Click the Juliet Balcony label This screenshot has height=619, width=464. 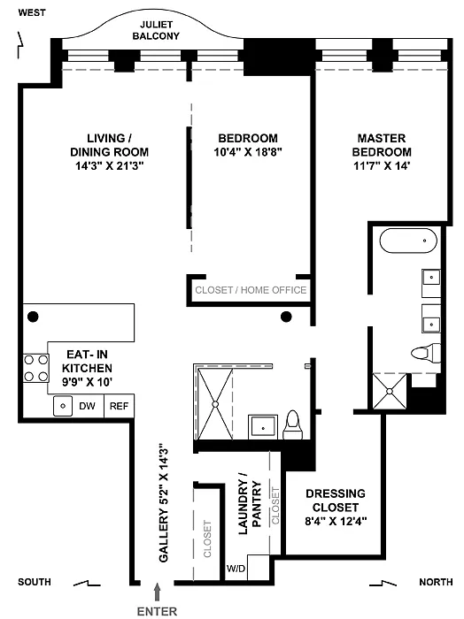(x=156, y=30)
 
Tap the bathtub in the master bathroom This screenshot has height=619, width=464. (x=408, y=241)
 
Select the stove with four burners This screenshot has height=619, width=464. (x=36, y=368)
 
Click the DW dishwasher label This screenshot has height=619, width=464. (x=87, y=406)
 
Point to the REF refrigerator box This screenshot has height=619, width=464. (x=119, y=406)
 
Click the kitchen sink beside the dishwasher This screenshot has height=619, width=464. (x=63, y=406)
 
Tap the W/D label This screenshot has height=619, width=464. (x=236, y=569)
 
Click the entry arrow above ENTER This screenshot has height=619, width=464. (x=158, y=592)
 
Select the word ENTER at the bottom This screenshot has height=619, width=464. (x=157, y=611)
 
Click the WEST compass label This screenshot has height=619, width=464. (x=32, y=12)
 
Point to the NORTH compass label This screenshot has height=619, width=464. (x=436, y=582)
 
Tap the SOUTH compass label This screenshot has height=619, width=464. (x=35, y=582)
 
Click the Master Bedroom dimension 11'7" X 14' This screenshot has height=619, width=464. (x=382, y=165)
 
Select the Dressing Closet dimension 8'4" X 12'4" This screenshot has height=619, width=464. (x=336, y=521)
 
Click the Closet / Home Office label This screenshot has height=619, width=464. (x=251, y=290)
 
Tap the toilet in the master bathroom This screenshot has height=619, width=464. (x=426, y=353)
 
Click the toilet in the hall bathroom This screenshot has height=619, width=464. (x=292, y=424)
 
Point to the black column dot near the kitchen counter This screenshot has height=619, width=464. (x=33, y=317)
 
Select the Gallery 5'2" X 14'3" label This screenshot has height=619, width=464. (x=164, y=505)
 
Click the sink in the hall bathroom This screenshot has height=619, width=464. (x=263, y=427)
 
